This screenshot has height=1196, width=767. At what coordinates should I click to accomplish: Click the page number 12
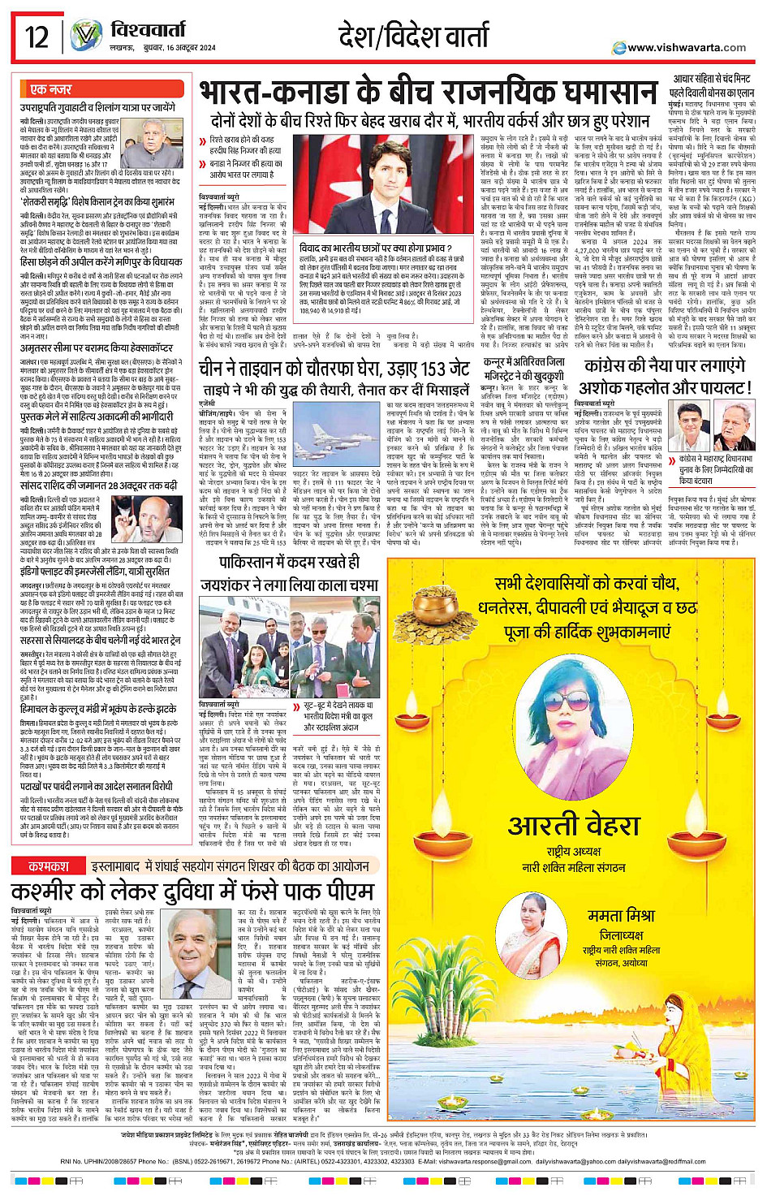coord(37,37)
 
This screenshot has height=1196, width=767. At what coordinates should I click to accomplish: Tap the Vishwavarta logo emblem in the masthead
coord(85,36)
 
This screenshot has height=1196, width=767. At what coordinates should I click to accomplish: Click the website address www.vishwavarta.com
coord(686,48)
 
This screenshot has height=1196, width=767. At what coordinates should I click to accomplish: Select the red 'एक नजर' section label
coord(50,89)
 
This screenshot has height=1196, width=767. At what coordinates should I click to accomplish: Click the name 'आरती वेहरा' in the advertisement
coord(574,826)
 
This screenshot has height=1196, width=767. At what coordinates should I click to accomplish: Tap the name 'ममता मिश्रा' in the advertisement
coord(621,915)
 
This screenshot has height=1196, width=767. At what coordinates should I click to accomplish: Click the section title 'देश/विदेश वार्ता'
coord(414,37)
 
